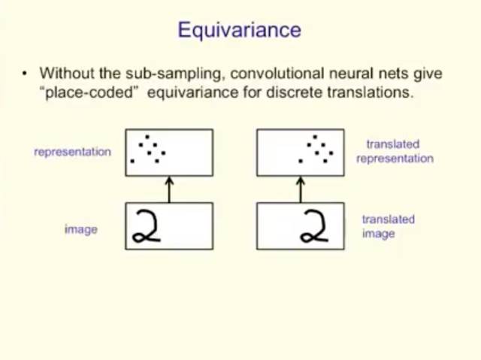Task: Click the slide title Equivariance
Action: coord(239,31)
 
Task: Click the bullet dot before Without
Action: coord(25,74)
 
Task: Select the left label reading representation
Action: coord(72,152)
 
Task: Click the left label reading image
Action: coord(80,229)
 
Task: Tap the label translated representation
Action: coord(395,151)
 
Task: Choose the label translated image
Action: coord(388,226)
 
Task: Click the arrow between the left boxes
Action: coord(169,189)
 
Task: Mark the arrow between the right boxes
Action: coord(301,189)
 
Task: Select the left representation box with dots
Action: coord(169,153)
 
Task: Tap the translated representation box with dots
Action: coord(301,153)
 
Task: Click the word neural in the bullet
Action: coord(340,74)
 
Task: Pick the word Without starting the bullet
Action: coord(68,74)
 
